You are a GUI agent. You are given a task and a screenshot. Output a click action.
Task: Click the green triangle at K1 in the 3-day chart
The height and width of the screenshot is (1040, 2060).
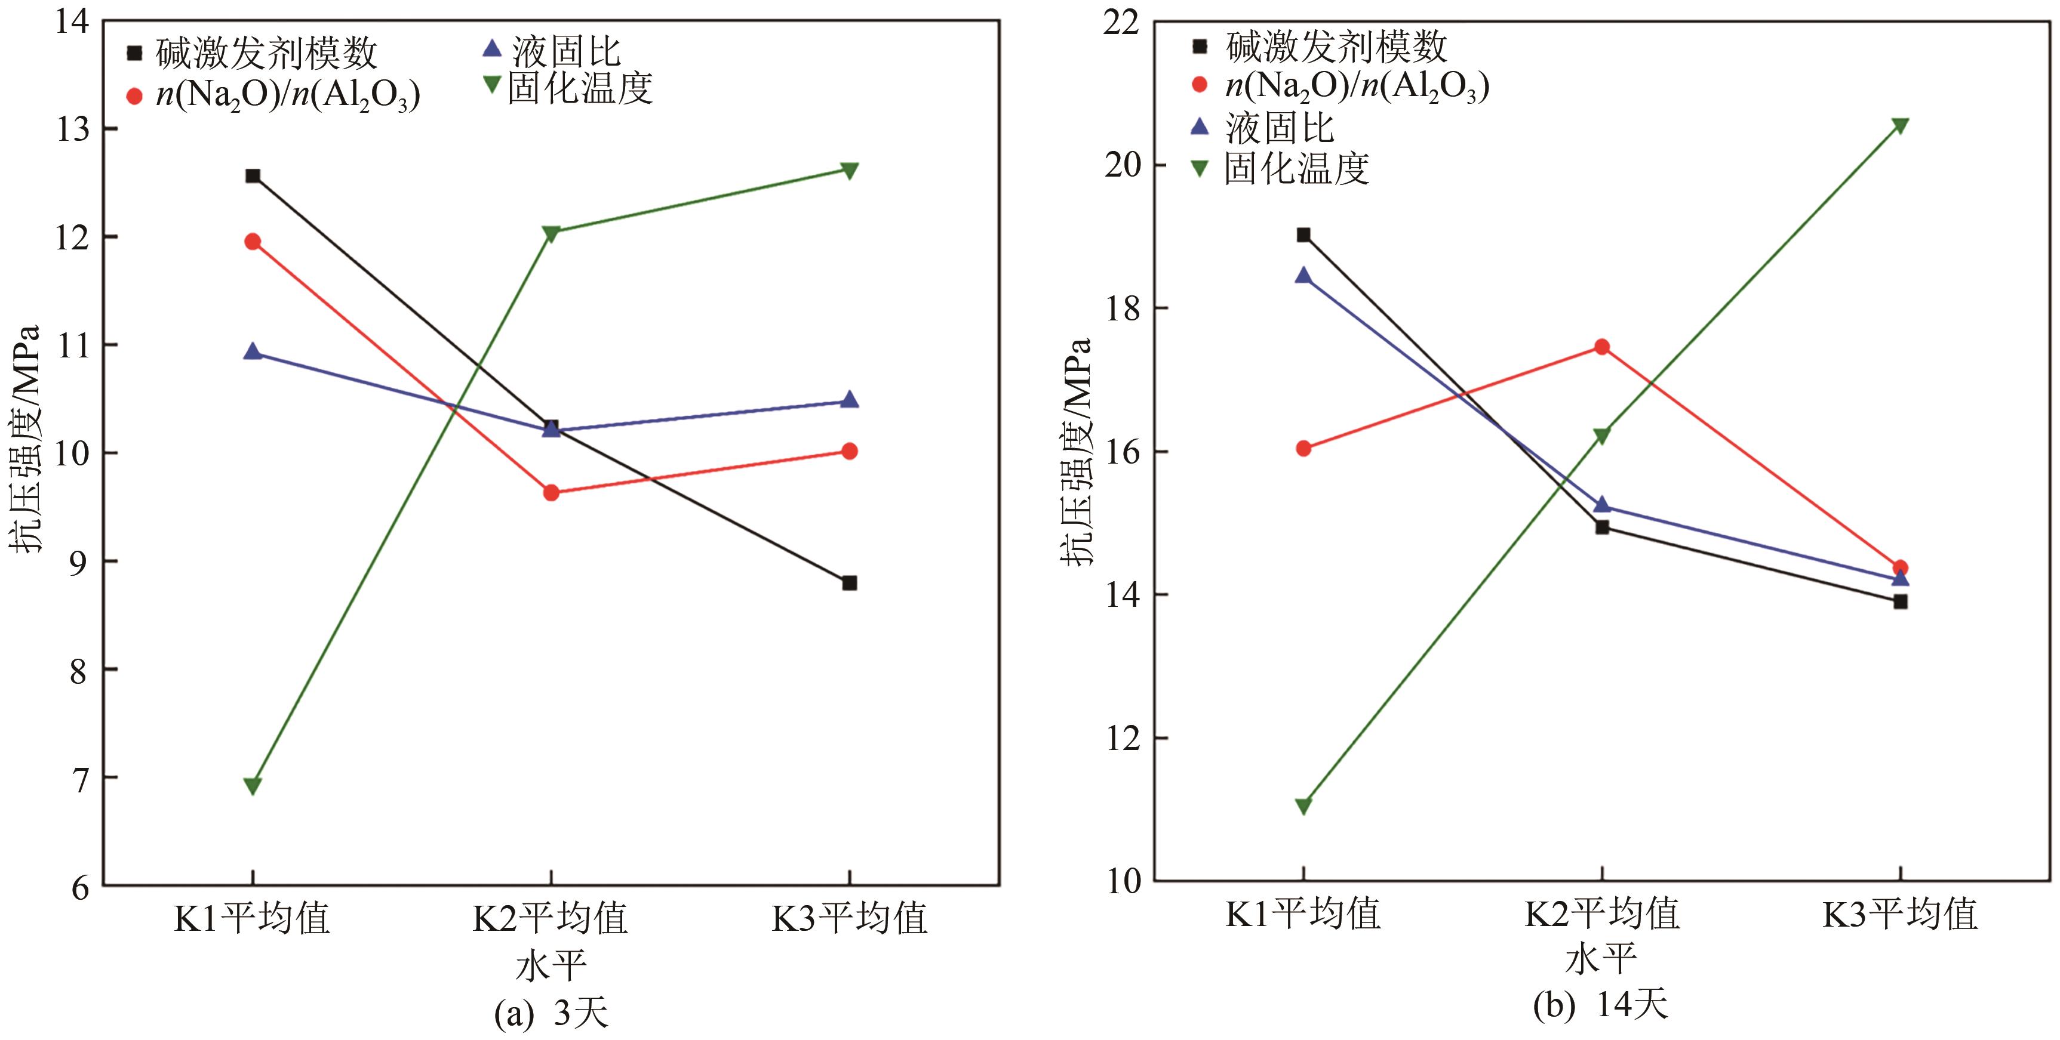(253, 786)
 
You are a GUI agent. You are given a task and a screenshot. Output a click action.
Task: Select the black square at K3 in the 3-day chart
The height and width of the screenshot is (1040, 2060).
(849, 583)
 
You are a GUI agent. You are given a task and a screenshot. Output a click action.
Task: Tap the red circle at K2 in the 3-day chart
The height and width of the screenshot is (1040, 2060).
(551, 492)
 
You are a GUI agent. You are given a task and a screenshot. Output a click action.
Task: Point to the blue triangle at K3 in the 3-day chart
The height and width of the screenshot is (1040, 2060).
(849, 400)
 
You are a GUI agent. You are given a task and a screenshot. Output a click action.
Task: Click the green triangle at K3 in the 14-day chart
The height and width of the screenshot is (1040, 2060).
(1900, 125)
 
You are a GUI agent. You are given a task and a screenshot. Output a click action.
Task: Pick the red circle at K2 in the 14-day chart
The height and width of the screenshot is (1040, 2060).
(1602, 347)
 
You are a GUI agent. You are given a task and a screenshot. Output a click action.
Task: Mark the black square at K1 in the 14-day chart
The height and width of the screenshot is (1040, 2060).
(1303, 235)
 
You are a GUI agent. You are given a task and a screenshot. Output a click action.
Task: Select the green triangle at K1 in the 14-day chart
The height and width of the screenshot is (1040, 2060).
(1303, 806)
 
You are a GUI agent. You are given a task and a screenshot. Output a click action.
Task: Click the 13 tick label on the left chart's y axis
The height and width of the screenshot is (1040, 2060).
(73, 129)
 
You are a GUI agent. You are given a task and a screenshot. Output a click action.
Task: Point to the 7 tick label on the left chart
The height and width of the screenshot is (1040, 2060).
(78, 778)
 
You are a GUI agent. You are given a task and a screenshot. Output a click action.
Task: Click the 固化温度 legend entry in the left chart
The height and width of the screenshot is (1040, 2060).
(580, 88)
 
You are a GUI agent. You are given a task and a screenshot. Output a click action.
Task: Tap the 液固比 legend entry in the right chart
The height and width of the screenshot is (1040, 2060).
(1280, 128)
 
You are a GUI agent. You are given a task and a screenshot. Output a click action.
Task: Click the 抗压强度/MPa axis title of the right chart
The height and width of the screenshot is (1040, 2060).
(1077, 452)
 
